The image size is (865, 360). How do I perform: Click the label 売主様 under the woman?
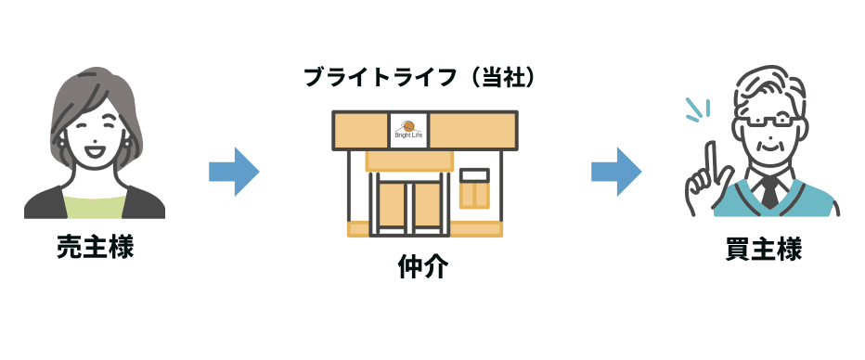(x=96, y=248)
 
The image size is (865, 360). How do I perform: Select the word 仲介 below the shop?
(x=422, y=268)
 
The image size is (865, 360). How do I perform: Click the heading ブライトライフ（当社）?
(x=420, y=78)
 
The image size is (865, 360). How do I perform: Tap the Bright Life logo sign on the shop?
(x=407, y=128)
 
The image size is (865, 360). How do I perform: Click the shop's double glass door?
(x=406, y=202)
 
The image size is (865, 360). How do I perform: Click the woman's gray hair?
(x=70, y=102)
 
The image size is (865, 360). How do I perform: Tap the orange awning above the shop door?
(x=407, y=160)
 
